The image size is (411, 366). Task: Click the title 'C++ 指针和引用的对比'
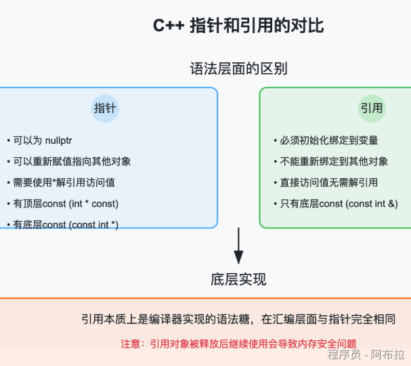tap(238, 26)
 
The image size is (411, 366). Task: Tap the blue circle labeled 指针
tap(105, 108)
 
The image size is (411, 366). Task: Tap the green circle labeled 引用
tap(372, 108)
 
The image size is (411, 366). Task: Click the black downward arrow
tap(238, 247)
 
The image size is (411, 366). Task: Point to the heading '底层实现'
tap(238, 280)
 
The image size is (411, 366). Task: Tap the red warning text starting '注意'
tap(238, 344)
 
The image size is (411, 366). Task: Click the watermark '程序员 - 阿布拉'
tap(366, 355)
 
